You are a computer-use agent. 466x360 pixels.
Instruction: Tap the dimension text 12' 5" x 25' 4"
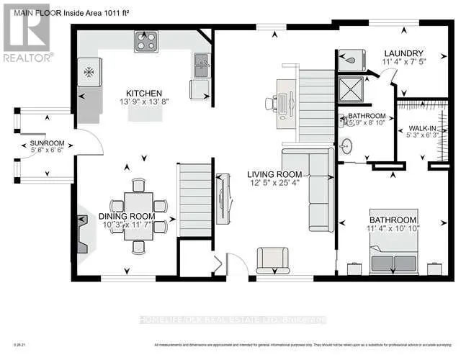[277, 184]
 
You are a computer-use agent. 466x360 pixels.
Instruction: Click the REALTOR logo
[26, 32]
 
